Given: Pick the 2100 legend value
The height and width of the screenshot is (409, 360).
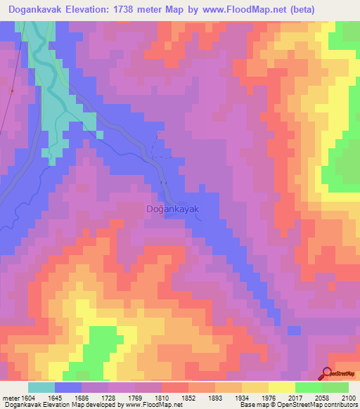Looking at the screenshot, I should [347, 398].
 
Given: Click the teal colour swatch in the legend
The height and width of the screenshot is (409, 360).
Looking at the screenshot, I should [41, 387].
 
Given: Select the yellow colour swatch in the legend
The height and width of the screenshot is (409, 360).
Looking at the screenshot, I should [281, 387].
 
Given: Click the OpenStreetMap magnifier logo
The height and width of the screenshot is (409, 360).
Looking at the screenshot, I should [327, 374].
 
